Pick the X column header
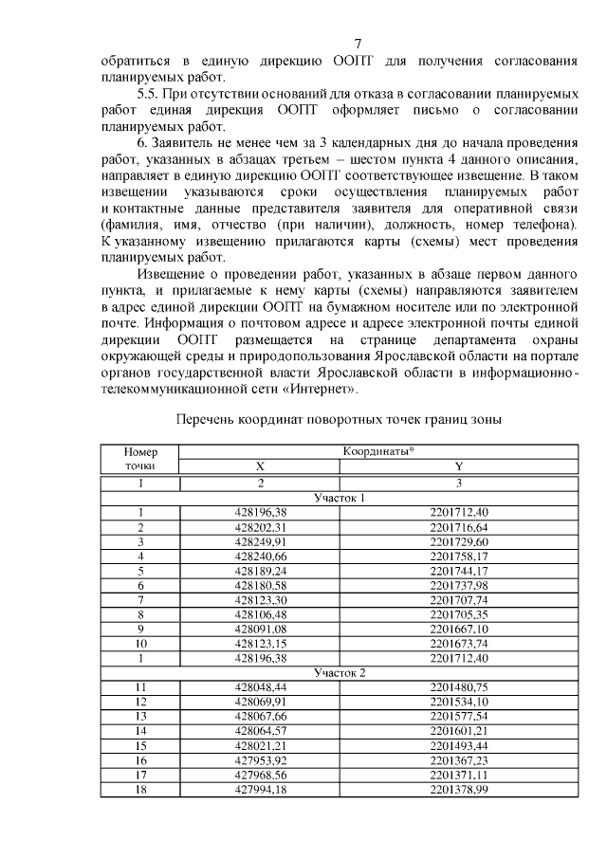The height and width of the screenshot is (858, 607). [x=260, y=466]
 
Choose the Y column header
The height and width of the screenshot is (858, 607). [x=458, y=466]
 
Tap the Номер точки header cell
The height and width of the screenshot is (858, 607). [x=139, y=460]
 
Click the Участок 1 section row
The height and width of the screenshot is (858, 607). [x=339, y=498]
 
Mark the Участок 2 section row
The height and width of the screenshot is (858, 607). [x=339, y=672]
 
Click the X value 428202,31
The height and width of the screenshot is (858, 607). [x=260, y=527]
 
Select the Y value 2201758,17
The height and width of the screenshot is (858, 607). [x=458, y=556]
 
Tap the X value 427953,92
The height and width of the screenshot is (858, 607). [x=260, y=760]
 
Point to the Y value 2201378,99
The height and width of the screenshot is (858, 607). [x=458, y=789]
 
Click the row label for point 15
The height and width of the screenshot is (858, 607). [x=139, y=745]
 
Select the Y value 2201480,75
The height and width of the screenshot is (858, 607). [x=458, y=687]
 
